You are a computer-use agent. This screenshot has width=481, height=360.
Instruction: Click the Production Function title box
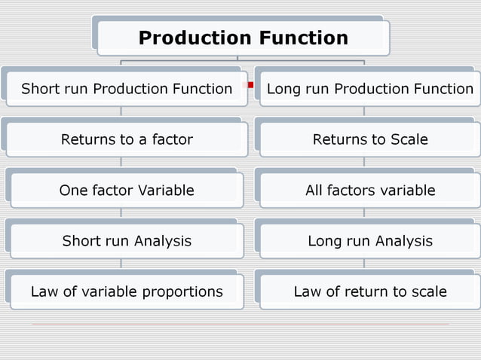point(243,38)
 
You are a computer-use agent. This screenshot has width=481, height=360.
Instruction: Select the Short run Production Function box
point(127,90)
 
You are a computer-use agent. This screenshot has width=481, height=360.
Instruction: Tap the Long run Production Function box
point(369,90)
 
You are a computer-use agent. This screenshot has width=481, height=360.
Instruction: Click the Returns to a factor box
point(127,139)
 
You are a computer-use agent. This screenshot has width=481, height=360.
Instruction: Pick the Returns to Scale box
point(369,139)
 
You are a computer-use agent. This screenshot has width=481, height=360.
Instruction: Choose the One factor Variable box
point(127,191)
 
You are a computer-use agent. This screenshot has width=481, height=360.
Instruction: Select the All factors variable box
point(369,191)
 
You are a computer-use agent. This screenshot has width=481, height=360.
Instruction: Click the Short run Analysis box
point(127,241)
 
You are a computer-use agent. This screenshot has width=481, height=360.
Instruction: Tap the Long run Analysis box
point(369,241)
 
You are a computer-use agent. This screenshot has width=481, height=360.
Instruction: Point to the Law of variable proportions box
point(127,291)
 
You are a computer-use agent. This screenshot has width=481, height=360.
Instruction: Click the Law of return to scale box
point(369,291)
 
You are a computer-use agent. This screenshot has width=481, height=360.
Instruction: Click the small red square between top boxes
point(250,84)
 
